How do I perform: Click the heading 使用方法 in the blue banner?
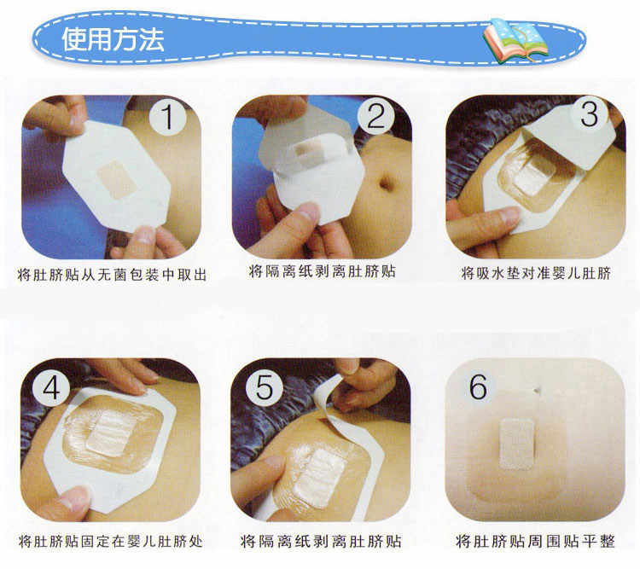(x=113, y=39)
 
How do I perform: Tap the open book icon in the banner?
(x=516, y=41)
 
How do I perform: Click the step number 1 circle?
(x=167, y=117)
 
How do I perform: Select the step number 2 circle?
(x=376, y=116)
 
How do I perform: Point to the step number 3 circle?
(x=589, y=113)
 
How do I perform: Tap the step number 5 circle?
(x=264, y=387)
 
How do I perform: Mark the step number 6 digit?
(x=478, y=386)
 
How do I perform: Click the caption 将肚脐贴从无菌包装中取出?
(x=112, y=275)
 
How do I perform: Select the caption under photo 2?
(x=322, y=271)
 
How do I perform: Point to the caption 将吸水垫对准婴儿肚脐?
(x=536, y=273)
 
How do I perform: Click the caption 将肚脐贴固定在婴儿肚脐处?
(x=111, y=541)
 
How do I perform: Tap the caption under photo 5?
(x=321, y=541)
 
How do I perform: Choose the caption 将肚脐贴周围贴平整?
(x=535, y=541)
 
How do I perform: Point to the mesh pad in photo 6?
(x=517, y=444)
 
